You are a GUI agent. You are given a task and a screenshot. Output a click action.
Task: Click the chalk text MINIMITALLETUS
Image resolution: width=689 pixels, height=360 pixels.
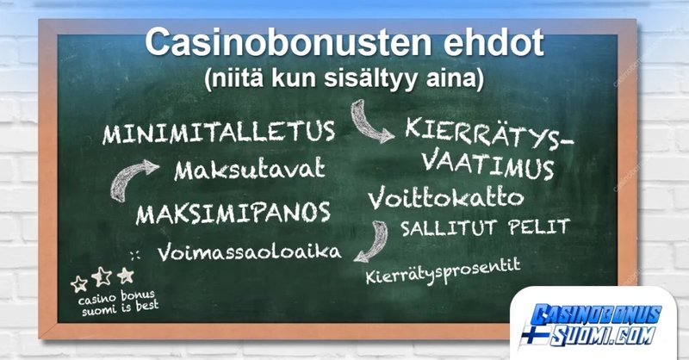(219, 133)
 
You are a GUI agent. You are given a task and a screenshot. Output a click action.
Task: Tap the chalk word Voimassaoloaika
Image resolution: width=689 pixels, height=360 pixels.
(248, 252)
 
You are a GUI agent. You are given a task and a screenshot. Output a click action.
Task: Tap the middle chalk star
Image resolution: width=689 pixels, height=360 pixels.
(102, 276)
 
